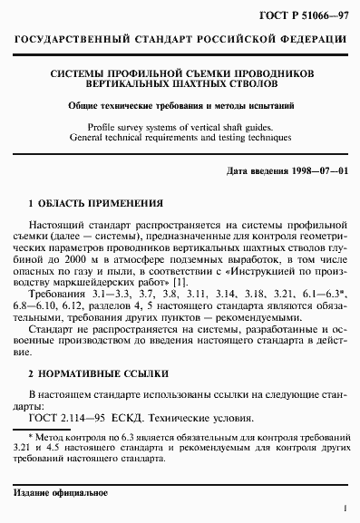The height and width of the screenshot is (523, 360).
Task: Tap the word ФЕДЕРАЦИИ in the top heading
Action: (x=303, y=43)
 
